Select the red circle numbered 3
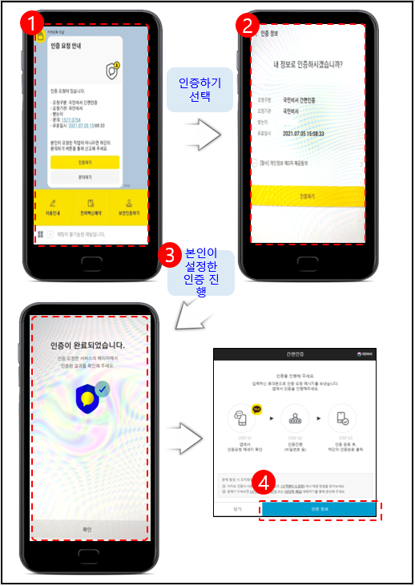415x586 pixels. (x=169, y=256)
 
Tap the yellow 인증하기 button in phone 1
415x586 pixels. (x=85, y=162)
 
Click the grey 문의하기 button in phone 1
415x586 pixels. (x=85, y=176)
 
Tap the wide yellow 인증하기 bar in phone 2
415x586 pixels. (x=308, y=195)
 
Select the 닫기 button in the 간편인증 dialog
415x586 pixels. (x=236, y=509)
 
